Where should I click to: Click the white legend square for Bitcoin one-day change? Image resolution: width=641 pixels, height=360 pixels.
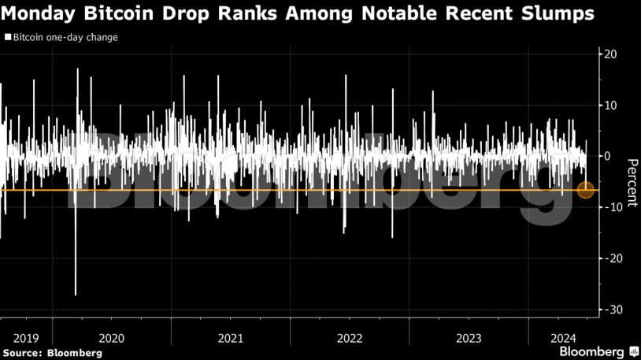pos(8,37)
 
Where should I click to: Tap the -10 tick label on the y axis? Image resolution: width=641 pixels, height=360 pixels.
pos(610,207)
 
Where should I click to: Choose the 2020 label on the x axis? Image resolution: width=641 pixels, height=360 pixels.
pos(111,337)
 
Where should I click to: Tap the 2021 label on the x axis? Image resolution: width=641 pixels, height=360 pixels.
pos(230,337)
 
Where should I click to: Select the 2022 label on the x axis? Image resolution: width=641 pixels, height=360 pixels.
pos(349,337)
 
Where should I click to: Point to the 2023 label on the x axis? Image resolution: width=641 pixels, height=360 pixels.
pos(468,337)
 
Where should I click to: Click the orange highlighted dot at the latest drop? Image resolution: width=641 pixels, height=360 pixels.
pos(585,190)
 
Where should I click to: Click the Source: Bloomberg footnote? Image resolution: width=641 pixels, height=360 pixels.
pos(51,353)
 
